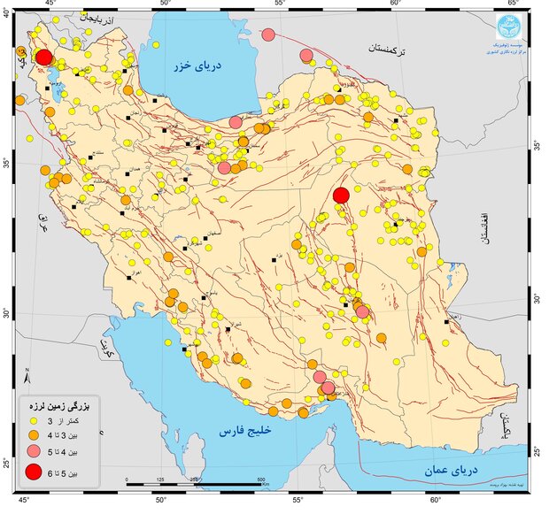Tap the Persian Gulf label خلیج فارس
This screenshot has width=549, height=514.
pos(241,432)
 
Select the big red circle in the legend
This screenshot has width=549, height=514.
pos(34,472)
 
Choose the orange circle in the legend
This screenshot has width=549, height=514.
pos(34,434)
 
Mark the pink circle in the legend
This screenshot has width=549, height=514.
pos(34,452)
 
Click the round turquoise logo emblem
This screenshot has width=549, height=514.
pos(511,25)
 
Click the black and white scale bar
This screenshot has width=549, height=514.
pos(195,483)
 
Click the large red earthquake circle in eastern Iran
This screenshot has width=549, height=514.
pos(341,196)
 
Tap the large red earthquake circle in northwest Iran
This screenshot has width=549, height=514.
pos(43,58)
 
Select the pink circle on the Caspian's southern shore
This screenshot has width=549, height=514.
pos(236,122)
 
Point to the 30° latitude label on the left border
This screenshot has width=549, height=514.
pos(6,312)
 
